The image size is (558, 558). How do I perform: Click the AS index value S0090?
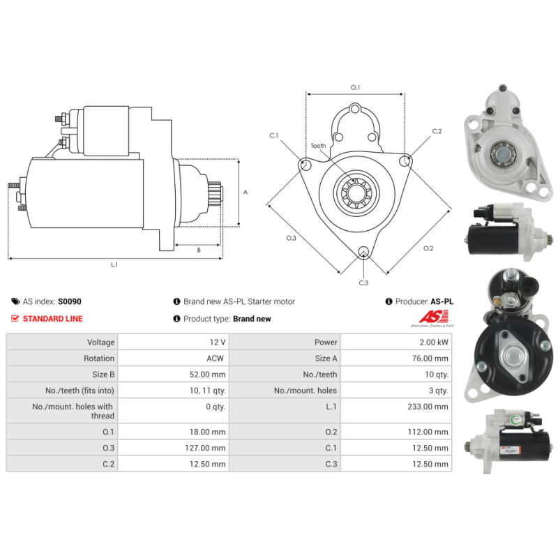[70, 302]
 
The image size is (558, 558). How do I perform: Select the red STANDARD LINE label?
[52, 319]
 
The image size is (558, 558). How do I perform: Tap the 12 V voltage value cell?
[218, 342]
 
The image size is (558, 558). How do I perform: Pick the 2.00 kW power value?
[435, 342]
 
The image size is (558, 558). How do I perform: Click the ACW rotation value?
[216, 359]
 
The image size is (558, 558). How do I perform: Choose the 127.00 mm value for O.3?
[209, 448]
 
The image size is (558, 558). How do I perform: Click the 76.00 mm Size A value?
[432, 359]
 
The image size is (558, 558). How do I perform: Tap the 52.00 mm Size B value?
[209, 375]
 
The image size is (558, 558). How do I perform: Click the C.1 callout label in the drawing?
[274, 135]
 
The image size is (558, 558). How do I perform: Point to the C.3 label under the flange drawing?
[363, 282]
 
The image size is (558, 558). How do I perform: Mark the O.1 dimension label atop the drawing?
[355, 87]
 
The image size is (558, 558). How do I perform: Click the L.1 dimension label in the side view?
[114, 265]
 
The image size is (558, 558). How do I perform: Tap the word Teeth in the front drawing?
[318, 146]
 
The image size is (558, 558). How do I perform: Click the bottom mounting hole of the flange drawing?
[363, 252]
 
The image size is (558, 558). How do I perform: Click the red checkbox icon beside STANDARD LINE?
[15, 319]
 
